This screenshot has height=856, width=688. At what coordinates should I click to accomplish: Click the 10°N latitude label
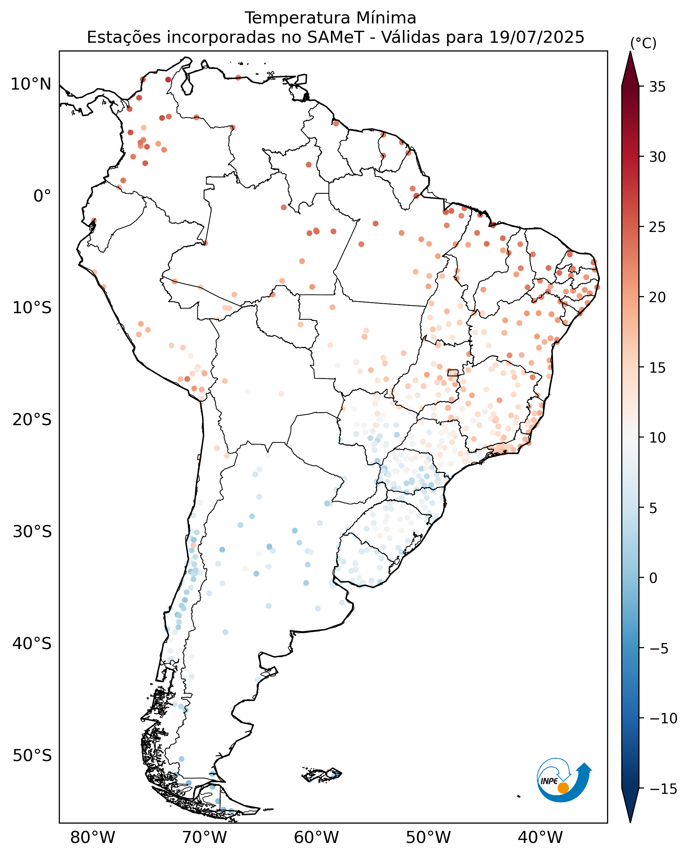tap(31, 84)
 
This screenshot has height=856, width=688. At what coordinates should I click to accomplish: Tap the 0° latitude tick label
tap(42, 196)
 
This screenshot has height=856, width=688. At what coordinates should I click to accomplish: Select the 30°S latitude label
tap(32, 532)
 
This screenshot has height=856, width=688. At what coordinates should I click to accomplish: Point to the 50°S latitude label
tap(32, 755)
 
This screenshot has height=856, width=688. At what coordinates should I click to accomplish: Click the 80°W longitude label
tap(93, 837)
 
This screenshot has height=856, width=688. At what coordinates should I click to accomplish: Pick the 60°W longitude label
tap(316, 837)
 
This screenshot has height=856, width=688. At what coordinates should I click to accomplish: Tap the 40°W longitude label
tap(540, 837)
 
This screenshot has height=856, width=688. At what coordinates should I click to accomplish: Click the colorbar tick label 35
tap(658, 87)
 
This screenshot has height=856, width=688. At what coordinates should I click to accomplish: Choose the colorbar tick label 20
tap(658, 297)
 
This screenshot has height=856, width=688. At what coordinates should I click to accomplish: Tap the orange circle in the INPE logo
tap(563, 788)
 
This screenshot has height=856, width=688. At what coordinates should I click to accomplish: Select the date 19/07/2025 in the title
tap(537, 37)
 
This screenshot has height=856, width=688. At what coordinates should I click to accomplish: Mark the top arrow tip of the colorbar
tap(630, 51)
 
